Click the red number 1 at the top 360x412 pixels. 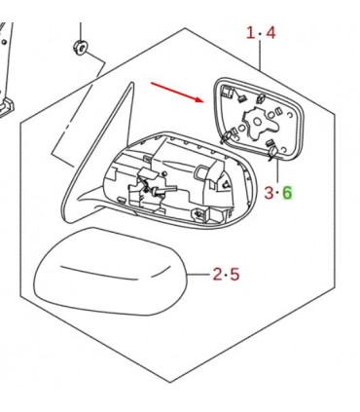251,33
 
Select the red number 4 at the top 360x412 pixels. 270,33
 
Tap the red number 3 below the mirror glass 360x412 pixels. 270,193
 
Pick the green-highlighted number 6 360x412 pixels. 287,193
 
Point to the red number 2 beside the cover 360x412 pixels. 218,274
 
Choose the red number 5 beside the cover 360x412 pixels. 234,274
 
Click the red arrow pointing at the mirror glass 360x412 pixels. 177,92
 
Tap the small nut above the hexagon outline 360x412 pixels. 80,47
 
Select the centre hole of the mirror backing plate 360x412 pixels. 257,122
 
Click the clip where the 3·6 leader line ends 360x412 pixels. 273,151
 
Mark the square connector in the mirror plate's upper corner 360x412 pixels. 227,92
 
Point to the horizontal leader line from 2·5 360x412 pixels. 198,275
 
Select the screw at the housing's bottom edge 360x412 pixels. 198,213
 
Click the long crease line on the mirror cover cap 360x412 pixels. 98,273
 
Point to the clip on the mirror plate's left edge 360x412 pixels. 226,136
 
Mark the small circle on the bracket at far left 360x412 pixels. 4,42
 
